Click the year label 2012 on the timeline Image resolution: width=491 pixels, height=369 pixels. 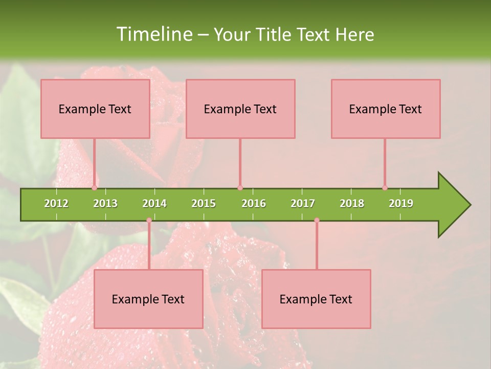click(x=56, y=203)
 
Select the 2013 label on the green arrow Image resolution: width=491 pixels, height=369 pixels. click(x=105, y=203)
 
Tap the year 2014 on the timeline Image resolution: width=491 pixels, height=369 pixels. click(x=154, y=203)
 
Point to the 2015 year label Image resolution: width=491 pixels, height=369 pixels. click(x=204, y=203)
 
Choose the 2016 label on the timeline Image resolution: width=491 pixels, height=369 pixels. click(x=254, y=203)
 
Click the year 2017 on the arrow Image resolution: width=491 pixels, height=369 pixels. click(x=303, y=203)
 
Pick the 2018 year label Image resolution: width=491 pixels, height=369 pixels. click(x=352, y=203)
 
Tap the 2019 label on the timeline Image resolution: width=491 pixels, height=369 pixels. click(x=401, y=203)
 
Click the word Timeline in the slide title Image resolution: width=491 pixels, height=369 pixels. click(x=153, y=34)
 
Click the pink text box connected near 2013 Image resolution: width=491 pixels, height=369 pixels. click(x=95, y=109)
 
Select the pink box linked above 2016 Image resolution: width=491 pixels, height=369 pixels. click(x=240, y=109)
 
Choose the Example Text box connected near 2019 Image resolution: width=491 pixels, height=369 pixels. click(x=386, y=109)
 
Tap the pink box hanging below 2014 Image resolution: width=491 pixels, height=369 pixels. click(x=148, y=299)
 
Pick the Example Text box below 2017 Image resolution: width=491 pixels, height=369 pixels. click(x=316, y=299)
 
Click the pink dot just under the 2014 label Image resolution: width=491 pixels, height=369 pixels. click(x=149, y=220)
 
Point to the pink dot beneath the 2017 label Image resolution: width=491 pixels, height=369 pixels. click(x=317, y=220)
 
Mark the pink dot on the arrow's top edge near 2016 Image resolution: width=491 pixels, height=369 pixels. click(x=240, y=188)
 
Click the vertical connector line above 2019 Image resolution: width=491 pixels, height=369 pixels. click(x=385, y=163)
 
